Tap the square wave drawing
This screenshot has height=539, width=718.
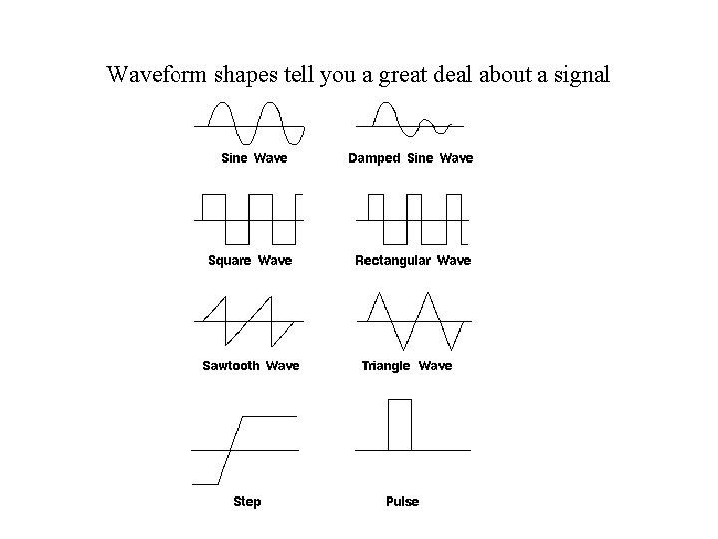click(249, 218)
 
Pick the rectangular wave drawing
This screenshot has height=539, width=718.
click(411, 218)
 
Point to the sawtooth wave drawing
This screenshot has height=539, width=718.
click(249, 320)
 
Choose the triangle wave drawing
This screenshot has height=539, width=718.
click(413, 320)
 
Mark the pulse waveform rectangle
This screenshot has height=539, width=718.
click(399, 425)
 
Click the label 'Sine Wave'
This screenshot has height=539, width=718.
click(253, 158)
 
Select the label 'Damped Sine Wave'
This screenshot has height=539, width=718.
click(410, 158)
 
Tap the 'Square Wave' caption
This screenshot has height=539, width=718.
click(250, 261)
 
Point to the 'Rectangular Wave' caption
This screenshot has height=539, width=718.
click(413, 261)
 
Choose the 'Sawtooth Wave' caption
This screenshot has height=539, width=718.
click(251, 366)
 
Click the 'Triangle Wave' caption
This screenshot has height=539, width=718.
click(406, 366)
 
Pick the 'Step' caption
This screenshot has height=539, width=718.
click(247, 501)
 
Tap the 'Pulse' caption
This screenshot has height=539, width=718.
click(402, 501)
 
